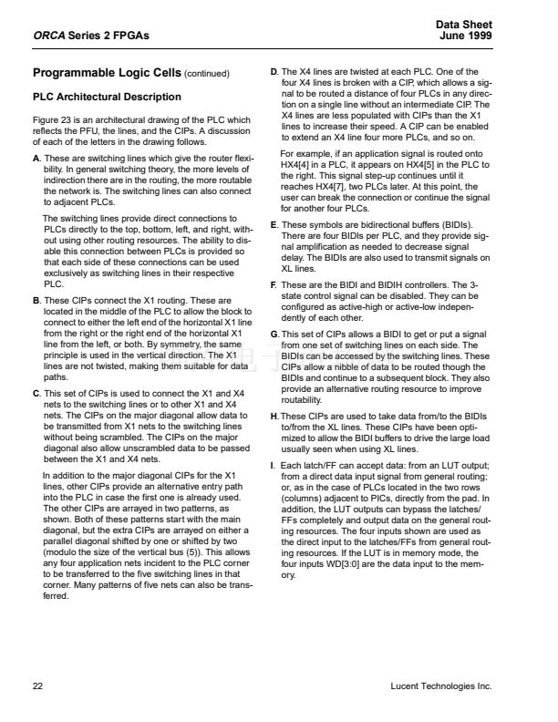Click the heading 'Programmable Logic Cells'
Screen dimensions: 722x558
pyautogui.click(x=107, y=73)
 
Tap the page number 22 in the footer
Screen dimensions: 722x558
pyautogui.click(x=37, y=686)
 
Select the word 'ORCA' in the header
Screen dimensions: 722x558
pyautogui.click(x=47, y=35)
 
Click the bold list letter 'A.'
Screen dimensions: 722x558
pyautogui.click(x=36, y=159)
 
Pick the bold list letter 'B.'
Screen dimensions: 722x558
pyautogui.click(x=36, y=299)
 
